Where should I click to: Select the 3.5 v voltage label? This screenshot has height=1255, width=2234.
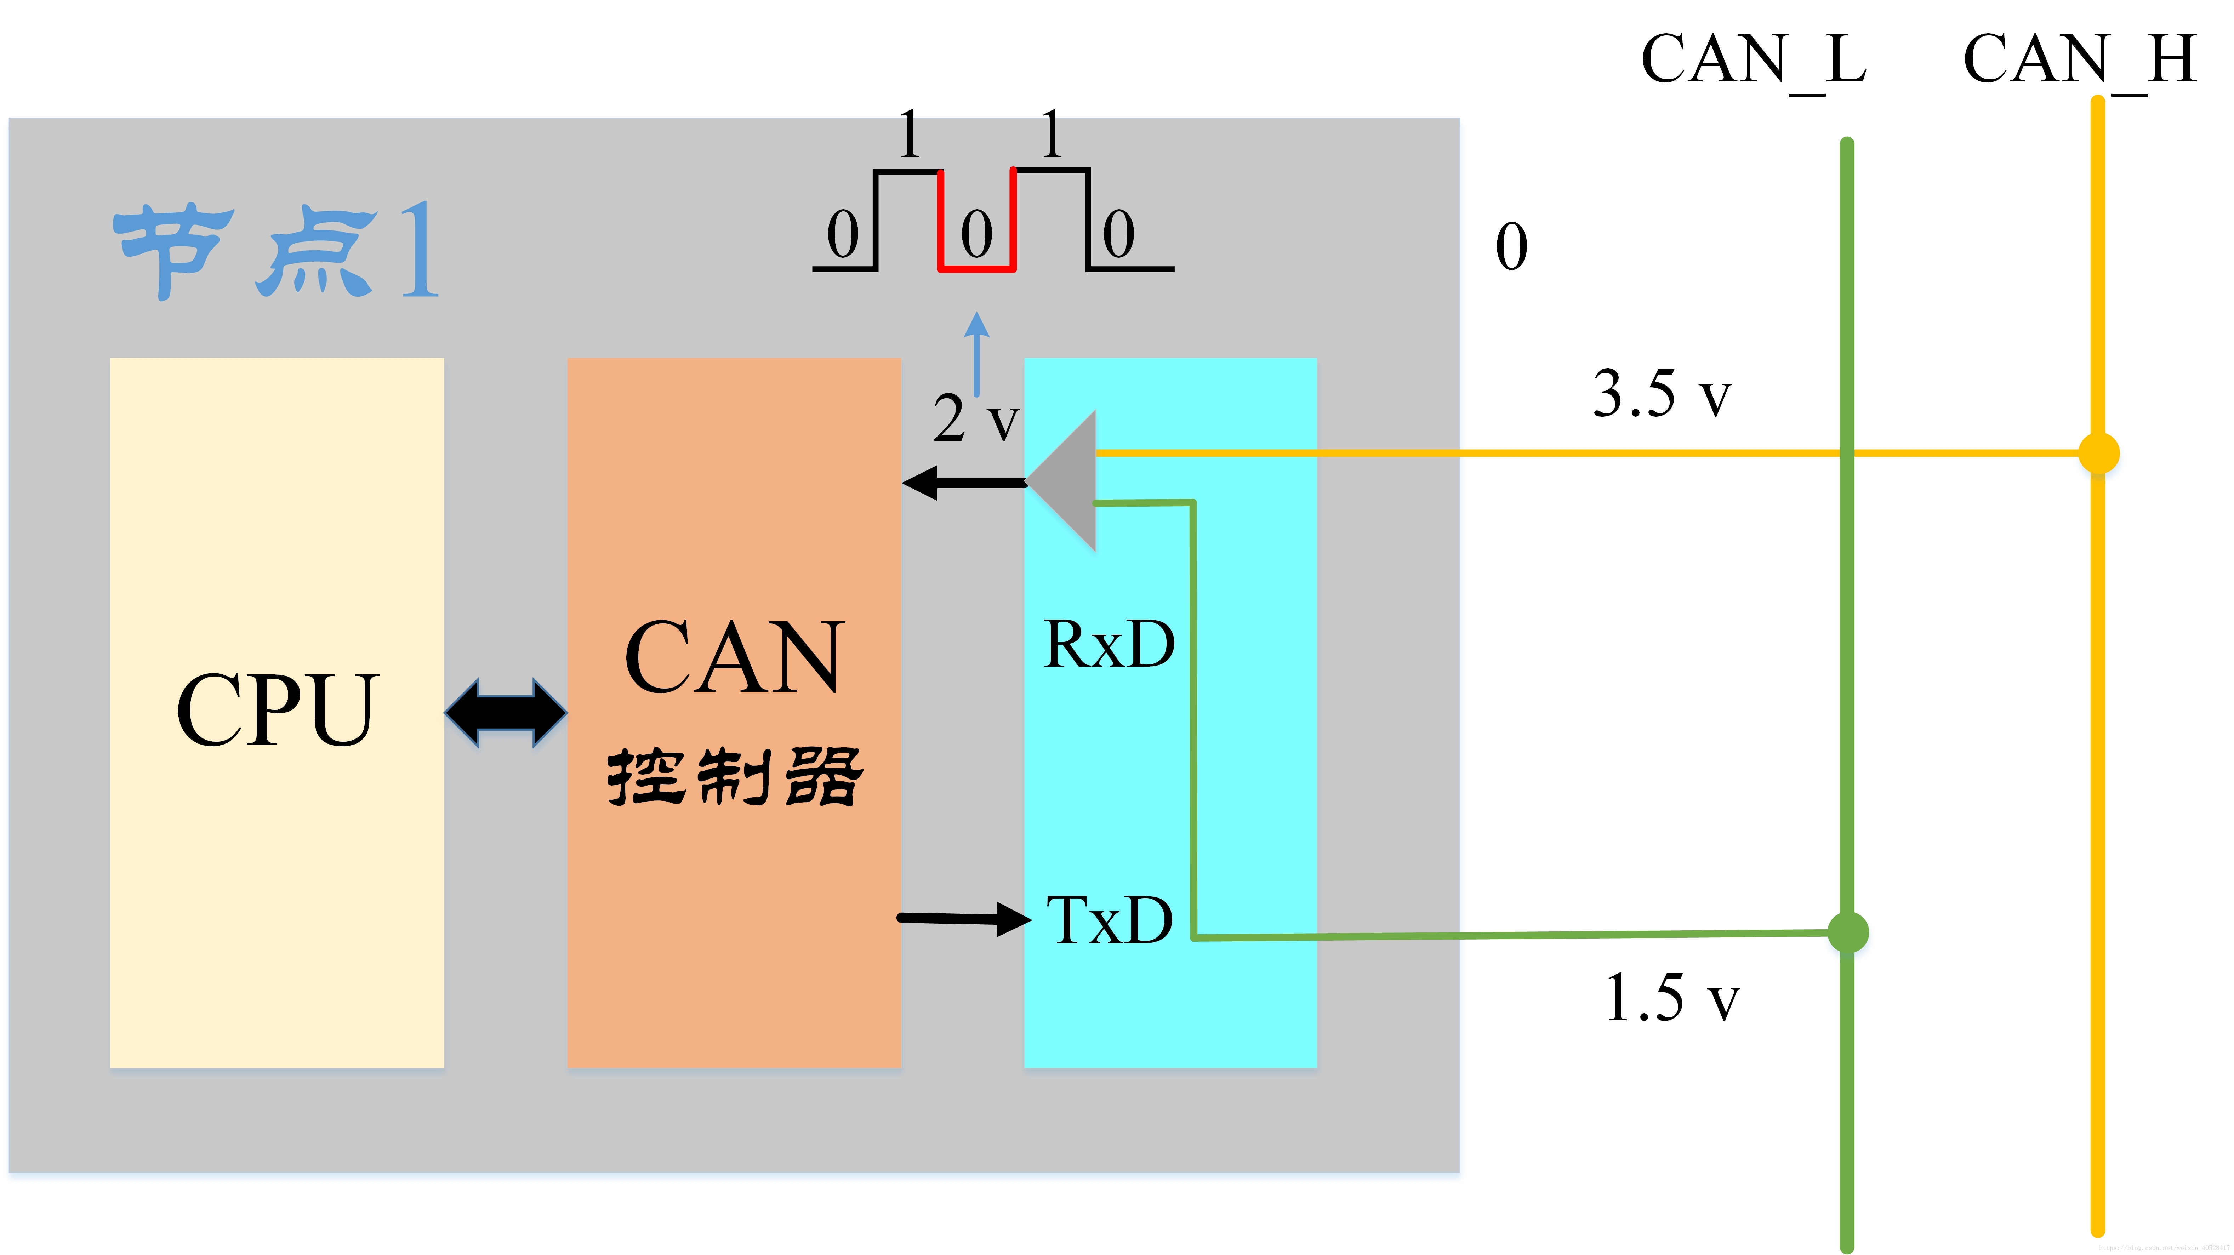tap(1661, 395)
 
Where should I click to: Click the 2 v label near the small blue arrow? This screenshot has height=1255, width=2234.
tap(975, 419)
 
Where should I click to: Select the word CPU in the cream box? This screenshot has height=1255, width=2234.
tap(277, 709)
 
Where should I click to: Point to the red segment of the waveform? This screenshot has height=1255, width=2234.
tap(976, 267)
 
